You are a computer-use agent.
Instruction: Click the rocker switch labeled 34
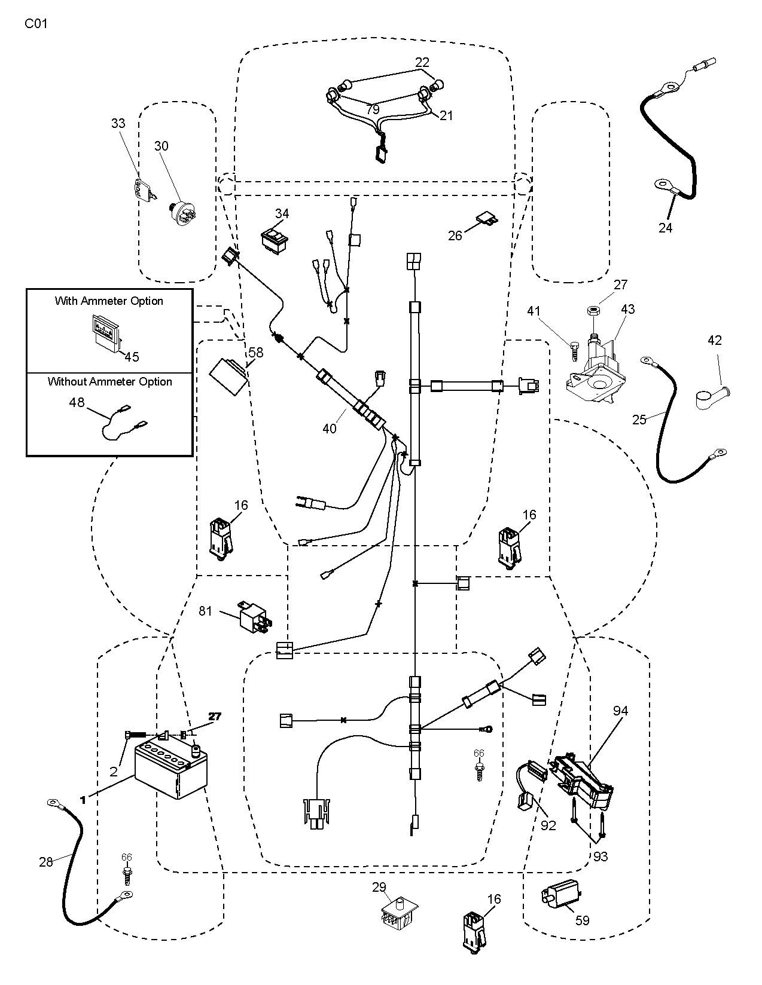(x=275, y=240)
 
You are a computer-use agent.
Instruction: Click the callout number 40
(x=330, y=428)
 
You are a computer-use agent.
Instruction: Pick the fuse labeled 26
(x=485, y=219)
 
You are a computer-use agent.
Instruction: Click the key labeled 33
(x=142, y=190)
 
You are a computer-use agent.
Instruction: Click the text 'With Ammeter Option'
(x=109, y=301)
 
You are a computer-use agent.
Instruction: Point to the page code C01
(x=36, y=24)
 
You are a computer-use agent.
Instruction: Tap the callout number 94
(x=620, y=711)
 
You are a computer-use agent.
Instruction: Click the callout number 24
(x=665, y=228)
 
